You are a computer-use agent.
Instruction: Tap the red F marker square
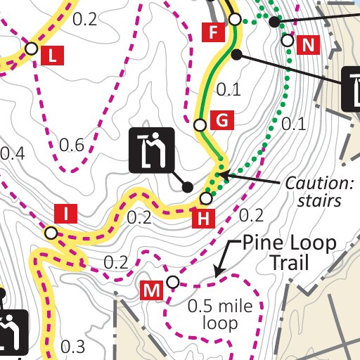212,31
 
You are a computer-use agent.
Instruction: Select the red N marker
308,46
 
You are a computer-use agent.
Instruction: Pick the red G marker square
221,121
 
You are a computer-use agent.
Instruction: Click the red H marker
203,219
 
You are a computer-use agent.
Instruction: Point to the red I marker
65,213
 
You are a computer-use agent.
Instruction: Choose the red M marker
152,289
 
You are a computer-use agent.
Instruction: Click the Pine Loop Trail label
289,253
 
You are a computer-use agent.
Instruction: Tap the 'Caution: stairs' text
318,192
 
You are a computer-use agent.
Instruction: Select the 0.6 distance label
72,146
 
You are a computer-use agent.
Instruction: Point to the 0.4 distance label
12,153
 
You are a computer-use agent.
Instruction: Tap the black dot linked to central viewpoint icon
187,187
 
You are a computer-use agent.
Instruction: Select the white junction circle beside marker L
31,49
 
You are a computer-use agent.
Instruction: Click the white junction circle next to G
200,125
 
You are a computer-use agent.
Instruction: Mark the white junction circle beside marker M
172,283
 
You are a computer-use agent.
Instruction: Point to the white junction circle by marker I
51,233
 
